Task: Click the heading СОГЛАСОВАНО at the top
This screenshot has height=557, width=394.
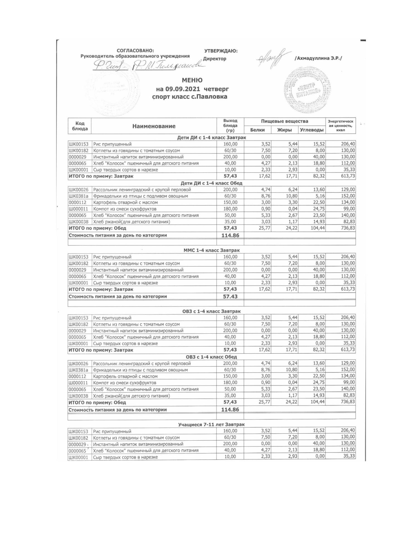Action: (135, 50)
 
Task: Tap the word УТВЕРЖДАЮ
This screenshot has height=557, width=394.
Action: (221, 51)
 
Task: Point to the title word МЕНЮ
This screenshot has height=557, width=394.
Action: (192, 80)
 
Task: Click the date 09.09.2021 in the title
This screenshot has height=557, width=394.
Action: (186, 89)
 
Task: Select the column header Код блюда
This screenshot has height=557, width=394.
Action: (80, 126)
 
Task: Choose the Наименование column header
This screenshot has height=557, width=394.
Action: (154, 126)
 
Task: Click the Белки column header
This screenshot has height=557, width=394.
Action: (257, 130)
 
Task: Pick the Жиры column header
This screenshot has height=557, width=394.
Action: (284, 130)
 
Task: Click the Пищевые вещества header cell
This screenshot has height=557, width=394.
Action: (284, 121)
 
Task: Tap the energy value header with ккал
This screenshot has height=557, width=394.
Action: (341, 126)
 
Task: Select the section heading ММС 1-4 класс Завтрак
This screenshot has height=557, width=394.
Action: (211, 250)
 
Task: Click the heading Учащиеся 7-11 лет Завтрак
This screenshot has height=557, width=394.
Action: (211, 424)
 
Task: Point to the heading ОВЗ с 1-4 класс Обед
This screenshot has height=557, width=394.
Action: (211, 357)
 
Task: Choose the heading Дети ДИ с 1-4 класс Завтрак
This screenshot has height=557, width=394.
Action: (211, 138)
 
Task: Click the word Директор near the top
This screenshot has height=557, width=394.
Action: (215, 59)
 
